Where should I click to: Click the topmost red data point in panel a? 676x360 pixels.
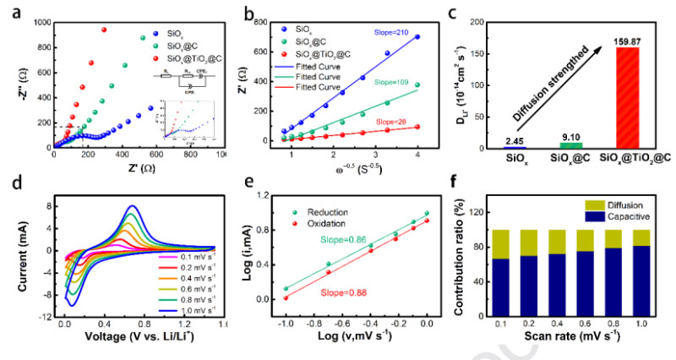point(104,30)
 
